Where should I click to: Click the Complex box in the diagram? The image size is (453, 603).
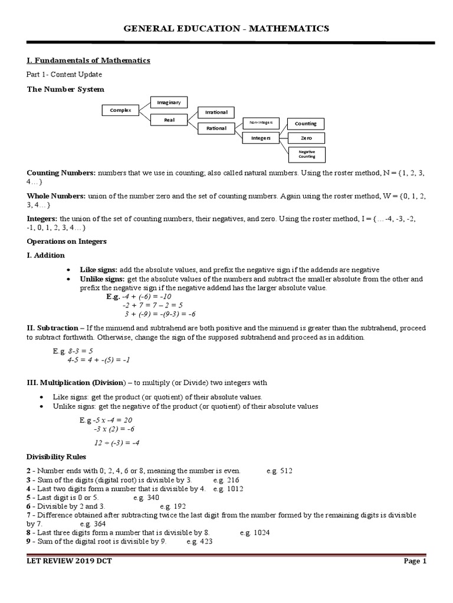pos(120,110)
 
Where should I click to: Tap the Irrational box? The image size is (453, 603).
pos(216,112)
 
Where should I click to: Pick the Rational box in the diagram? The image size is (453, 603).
pos(216,128)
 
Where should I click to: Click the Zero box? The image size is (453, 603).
pos(306,138)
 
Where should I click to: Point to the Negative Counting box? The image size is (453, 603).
pos(306,154)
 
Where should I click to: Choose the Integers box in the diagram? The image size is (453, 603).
pos(260,138)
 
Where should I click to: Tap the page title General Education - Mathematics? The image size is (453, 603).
pos(226,28)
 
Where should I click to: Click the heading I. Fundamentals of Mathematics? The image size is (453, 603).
pos(88,60)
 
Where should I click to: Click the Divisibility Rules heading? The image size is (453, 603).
pos(57,456)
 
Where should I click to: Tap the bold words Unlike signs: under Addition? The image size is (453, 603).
pos(103,278)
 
